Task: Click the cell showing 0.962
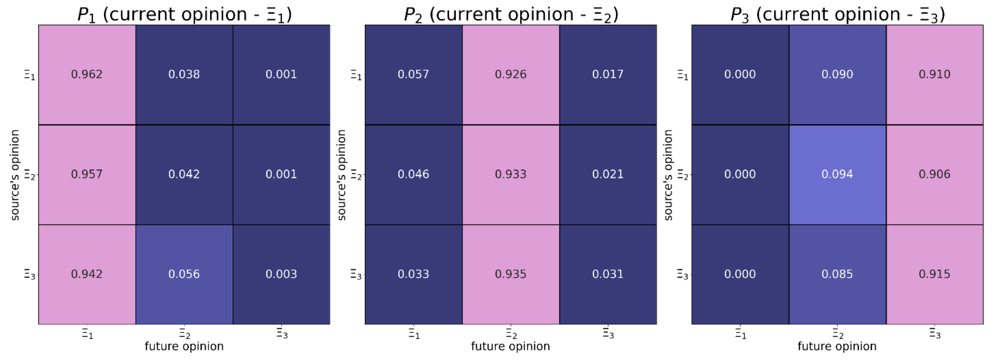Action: coord(87,74)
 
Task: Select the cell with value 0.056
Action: coord(184,274)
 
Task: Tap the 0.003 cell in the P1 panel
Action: coord(281,274)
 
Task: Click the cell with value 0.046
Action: coord(413,174)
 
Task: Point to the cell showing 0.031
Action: coord(608,274)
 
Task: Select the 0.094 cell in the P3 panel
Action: coord(837,174)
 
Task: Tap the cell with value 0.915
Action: coord(934,274)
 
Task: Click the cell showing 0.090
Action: coord(837,74)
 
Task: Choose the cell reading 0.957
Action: coord(87,174)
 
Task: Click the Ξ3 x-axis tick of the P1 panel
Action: coord(282,334)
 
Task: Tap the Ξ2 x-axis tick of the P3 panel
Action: coord(838,334)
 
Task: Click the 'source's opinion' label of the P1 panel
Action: coord(15,175)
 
